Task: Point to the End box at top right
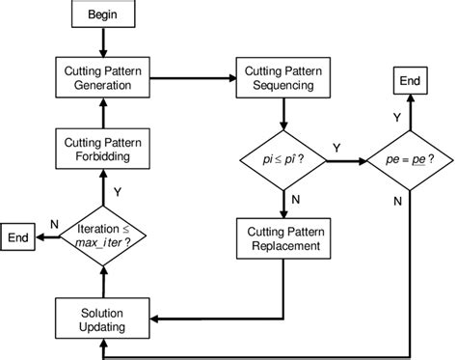click(410, 81)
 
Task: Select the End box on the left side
click(18, 235)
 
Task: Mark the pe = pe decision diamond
click(410, 160)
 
